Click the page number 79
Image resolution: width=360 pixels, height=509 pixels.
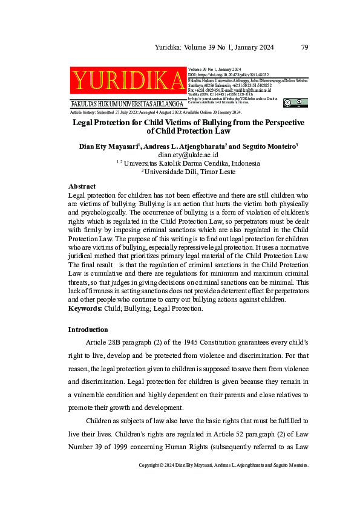pyautogui.click(x=305, y=47)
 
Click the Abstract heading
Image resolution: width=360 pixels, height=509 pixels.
pyautogui.click(x=82, y=187)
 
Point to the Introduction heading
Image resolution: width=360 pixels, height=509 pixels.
pyautogui.click(x=88, y=329)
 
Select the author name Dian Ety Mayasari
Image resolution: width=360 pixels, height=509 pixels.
pyautogui.click(x=108, y=146)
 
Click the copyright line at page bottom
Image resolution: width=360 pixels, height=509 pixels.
pyautogui.click(x=224, y=465)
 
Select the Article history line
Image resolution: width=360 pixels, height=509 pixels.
pyautogui.click(x=156, y=112)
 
